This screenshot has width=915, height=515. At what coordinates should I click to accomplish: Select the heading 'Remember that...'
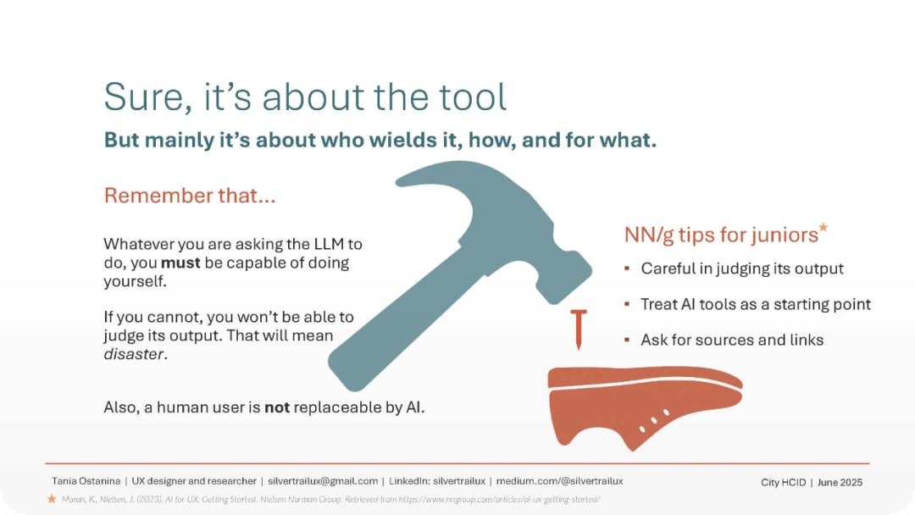pyautogui.click(x=190, y=196)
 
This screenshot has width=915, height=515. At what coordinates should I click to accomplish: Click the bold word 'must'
pyautogui.click(x=180, y=263)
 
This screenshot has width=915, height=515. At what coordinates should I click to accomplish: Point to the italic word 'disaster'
pyautogui.click(x=134, y=354)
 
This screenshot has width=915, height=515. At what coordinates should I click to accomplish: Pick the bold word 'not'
pyautogui.click(x=277, y=407)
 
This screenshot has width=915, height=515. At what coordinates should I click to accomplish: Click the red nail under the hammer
pyautogui.click(x=579, y=329)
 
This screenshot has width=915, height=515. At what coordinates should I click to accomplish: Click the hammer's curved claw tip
pyautogui.click(x=399, y=182)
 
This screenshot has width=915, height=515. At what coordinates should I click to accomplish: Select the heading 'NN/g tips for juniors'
pyautogui.click(x=721, y=235)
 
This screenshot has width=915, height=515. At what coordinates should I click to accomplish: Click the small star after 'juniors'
pyautogui.click(x=823, y=227)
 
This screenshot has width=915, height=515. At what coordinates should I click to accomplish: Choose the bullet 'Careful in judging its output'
pyautogui.click(x=742, y=269)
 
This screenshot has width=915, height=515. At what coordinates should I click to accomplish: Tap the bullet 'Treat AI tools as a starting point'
pyautogui.click(x=756, y=304)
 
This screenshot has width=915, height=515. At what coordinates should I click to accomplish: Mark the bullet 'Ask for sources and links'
pyautogui.click(x=732, y=340)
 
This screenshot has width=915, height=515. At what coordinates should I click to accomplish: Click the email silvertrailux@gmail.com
pyautogui.click(x=323, y=481)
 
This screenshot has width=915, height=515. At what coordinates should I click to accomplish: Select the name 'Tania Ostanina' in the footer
pyautogui.click(x=86, y=481)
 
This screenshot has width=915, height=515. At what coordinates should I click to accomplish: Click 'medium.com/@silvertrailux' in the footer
pyautogui.click(x=560, y=481)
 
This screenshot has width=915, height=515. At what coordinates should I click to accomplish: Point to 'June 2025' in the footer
pyautogui.click(x=840, y=482)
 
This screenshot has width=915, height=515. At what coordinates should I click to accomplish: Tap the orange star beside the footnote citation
pyautogui.click(x=52, y=499)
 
